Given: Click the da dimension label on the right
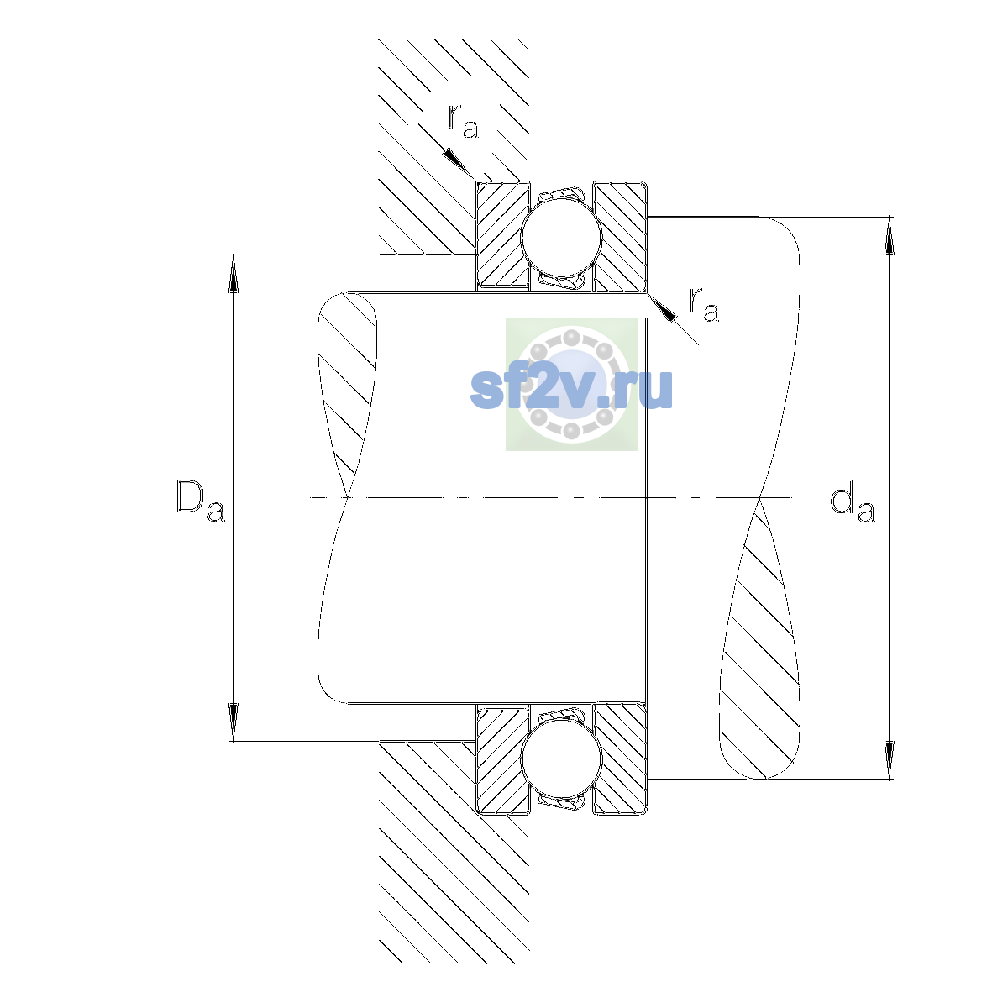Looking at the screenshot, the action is [x=852, y=505].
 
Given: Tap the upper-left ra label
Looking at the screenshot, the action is [x=464, y=121].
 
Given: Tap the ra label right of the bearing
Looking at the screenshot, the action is [x=704, y=304].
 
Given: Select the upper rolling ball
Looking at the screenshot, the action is [x=561, y=236].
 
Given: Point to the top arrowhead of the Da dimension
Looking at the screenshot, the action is [x=234, y=274].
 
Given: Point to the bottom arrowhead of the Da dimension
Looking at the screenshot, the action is [x=234, y=722].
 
